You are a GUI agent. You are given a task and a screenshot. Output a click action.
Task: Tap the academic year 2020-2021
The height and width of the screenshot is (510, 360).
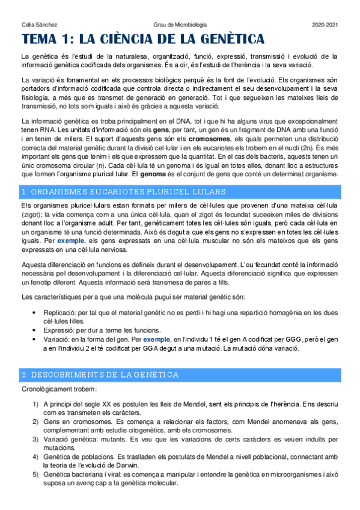[325, 25]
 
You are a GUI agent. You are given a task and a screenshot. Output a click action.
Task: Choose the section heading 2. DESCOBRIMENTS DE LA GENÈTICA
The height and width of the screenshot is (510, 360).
[100, 375]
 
